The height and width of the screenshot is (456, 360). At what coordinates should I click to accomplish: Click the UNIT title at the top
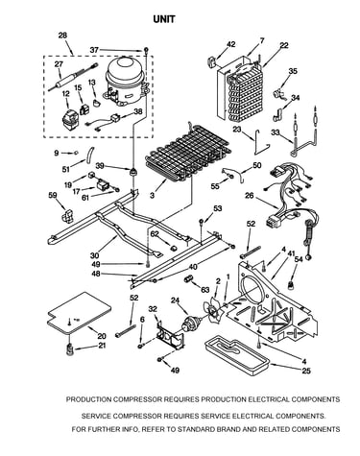[164, 19]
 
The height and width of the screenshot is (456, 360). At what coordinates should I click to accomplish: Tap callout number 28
[62, 36]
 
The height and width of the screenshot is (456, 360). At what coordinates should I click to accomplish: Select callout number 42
[230, 44]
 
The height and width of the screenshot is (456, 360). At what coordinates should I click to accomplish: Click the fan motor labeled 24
[189, 323]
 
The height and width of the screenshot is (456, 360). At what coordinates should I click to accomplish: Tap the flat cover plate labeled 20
[80, 313]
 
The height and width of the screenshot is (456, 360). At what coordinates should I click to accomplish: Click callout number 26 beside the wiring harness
[250, 196]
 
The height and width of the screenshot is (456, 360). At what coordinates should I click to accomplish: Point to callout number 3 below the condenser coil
[153, 195]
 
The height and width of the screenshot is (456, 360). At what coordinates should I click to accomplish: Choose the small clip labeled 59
[68, 216]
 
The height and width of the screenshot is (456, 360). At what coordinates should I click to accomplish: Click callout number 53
[217, 209]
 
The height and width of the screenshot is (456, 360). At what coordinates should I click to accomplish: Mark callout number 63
[204, 290]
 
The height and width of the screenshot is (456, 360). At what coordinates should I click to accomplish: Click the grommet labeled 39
[132, 171]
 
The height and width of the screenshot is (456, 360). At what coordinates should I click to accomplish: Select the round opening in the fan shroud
[253, 290]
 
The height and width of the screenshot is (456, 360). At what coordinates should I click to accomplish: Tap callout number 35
[293, 71]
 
